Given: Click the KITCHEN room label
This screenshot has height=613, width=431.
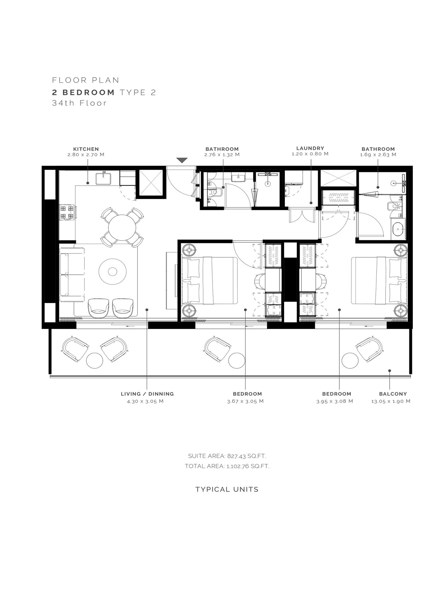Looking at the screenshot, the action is tap(86, 149).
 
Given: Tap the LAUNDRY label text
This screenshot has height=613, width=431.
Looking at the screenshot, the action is tap(310, 148).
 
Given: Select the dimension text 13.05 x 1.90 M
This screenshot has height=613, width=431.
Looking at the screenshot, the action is tap(391, 401).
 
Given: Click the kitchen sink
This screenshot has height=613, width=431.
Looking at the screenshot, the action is tap(104, 178).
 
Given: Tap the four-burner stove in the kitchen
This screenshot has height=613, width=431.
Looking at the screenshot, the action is tap(67, 212).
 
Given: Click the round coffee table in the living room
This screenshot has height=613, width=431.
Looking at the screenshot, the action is tap(112, 271).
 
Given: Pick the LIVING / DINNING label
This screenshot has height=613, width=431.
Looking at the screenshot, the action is tap(147, 394).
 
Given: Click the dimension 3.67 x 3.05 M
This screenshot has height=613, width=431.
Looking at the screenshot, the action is tap(245, 401).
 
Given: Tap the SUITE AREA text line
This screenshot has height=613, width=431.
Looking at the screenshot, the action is tap(227, 456).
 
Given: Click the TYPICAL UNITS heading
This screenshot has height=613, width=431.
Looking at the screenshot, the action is tap(227, 490).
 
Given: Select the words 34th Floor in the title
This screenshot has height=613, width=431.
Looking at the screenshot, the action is tap(79, 103).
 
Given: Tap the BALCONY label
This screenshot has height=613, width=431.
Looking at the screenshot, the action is tap(393, 394).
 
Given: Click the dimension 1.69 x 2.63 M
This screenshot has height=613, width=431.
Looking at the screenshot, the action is tap(378, 154).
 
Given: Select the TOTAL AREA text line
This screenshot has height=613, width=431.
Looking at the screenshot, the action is tap(227, 466).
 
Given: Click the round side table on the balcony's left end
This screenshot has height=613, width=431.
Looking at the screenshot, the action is tap(95, 359).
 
